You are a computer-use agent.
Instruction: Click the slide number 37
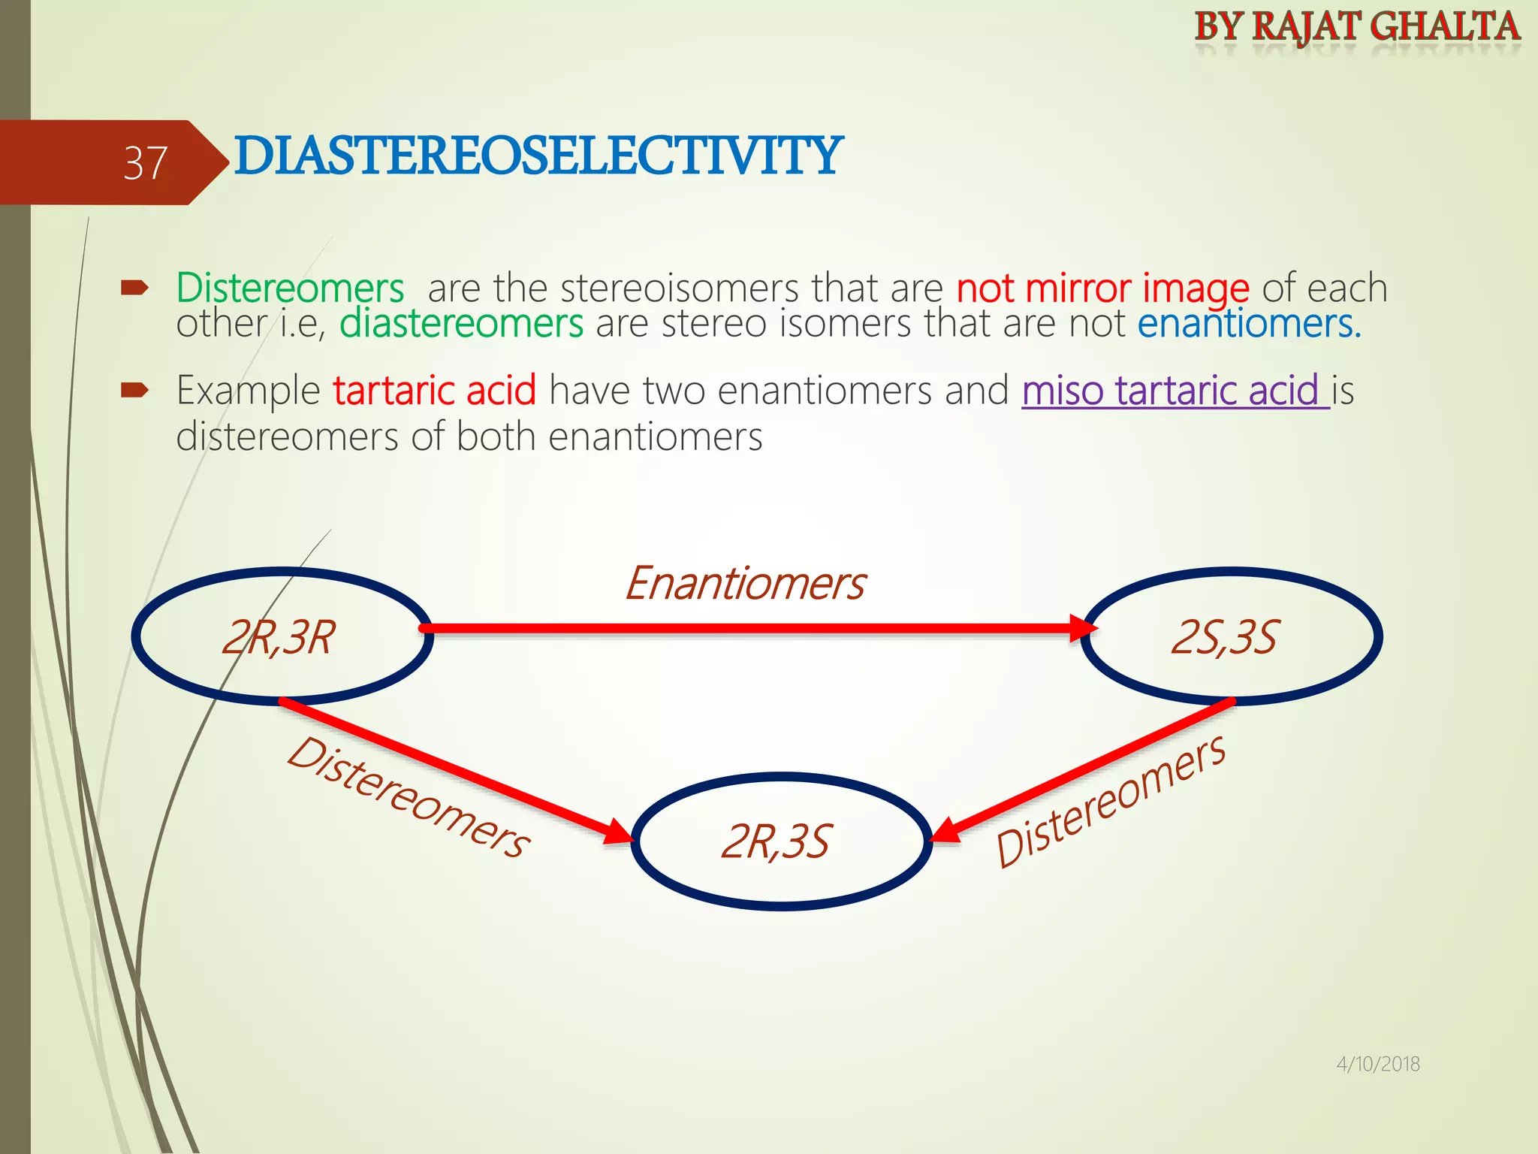pos(145,163)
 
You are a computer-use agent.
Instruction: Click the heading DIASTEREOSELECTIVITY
pos(538,156)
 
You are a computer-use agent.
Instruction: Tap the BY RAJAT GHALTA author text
pos(1357,27)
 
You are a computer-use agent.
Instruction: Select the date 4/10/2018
pos(1377,1064)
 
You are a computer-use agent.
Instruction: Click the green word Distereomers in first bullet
pos(290,288)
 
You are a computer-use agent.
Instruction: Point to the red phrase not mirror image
pos(1102,288)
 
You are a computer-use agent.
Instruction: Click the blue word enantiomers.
pos(1248,325)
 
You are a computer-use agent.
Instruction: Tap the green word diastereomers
pos(461,325)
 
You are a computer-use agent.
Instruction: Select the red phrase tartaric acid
pos(434,391)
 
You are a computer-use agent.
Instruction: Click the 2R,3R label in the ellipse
pos(279,638)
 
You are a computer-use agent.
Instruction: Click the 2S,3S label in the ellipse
pos(1224,638)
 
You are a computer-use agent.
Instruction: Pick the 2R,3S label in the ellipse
pos(776,841)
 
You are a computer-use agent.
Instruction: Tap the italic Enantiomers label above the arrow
pos(745,584)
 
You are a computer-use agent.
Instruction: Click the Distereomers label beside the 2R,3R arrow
pos(409,797)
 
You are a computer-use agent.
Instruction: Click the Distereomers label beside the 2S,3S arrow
pos(1110,801)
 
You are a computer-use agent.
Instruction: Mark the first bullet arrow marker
pos(134,288)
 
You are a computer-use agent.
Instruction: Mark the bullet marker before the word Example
pos(134,390)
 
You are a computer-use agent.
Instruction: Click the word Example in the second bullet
pos(249,391)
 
